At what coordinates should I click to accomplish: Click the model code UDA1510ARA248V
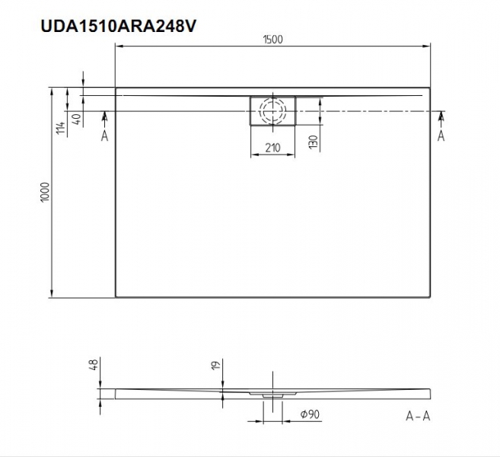[118, 26]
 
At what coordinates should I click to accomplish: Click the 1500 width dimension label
[273, 40]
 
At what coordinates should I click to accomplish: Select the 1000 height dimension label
[45, 191]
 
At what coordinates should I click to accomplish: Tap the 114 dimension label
[61, 128]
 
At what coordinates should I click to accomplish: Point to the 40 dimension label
[77, 119]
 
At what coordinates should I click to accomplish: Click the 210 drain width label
[272, 148]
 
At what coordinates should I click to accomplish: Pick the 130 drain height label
[314, 142]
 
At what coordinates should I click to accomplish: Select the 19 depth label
[216, 366]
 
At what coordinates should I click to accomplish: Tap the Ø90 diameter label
[310, 414]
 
